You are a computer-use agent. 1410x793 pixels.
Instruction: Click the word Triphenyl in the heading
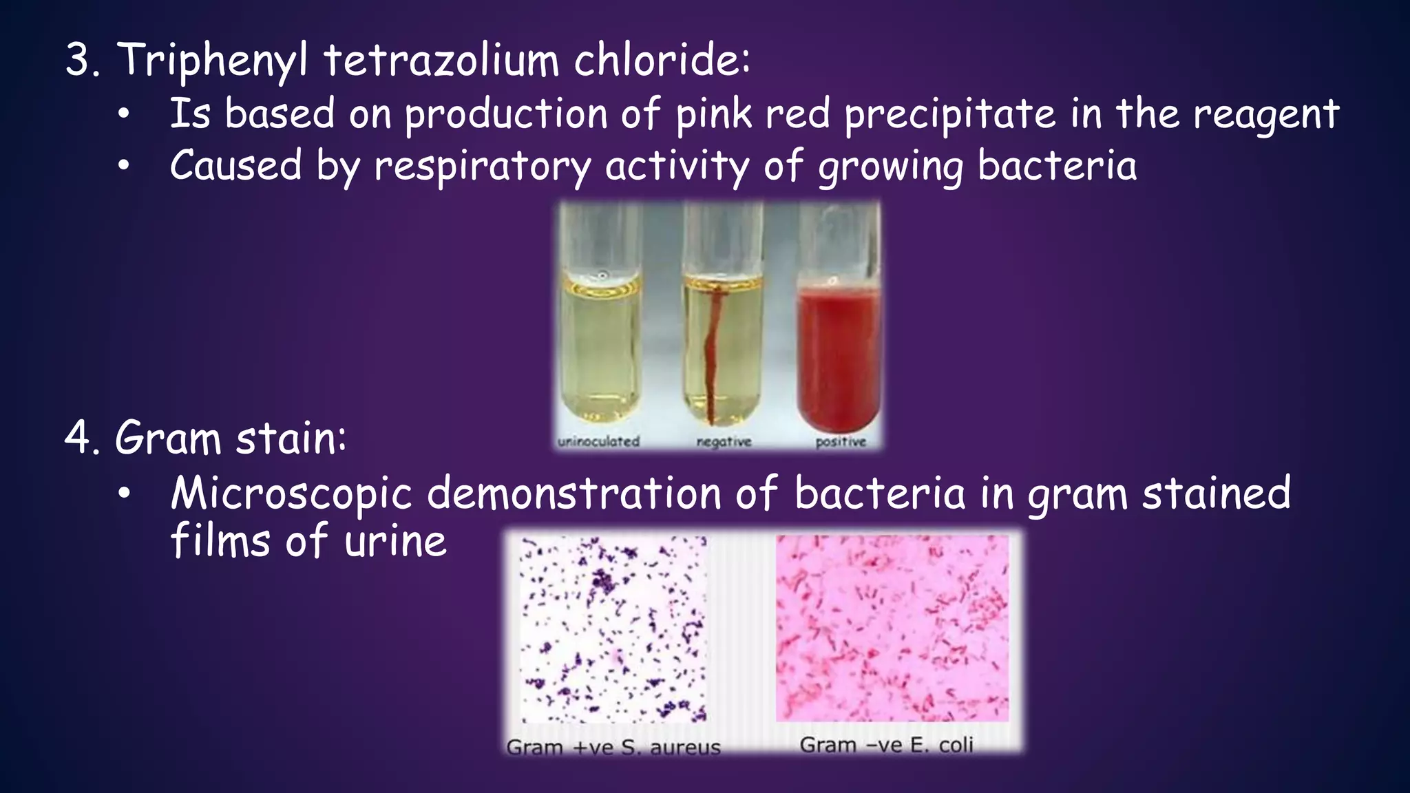click(x=212, y=61)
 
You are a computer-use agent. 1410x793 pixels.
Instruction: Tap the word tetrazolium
click(x=441, y=61)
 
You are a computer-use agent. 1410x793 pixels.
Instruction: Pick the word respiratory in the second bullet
click(x=482, y=167)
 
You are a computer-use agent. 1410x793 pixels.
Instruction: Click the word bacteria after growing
click(x=1057, y=167)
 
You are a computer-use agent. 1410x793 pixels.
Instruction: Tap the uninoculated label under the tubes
click(x=598, y=441)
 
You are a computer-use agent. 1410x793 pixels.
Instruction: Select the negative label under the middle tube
click(x=724, y=441)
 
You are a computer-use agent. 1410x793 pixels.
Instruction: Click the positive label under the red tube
click(x=841, y=441)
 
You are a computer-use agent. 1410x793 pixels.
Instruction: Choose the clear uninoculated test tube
click(x=600, y=344)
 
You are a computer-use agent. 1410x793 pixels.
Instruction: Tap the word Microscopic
click(x=291, y=494)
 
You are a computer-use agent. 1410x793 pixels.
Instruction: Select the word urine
click(x=395, y=541)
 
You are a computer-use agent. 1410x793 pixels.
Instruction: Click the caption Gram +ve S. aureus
click(x=613, y=747)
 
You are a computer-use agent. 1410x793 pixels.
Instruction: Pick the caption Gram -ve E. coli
click(x=886, y=745)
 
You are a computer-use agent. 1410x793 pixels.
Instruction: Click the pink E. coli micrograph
click(x=892, y=628)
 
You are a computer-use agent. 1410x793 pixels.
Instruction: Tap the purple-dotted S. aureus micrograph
click(x=613, y=628)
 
